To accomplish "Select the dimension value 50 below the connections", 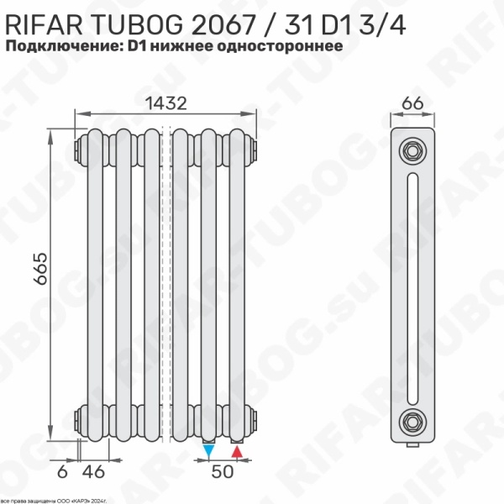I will click(x=222, y=473).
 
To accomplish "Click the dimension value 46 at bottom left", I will click(x=98, y=473).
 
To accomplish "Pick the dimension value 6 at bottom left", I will click(x=61, y=473).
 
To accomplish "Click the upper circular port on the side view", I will click(x=412, y=152).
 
